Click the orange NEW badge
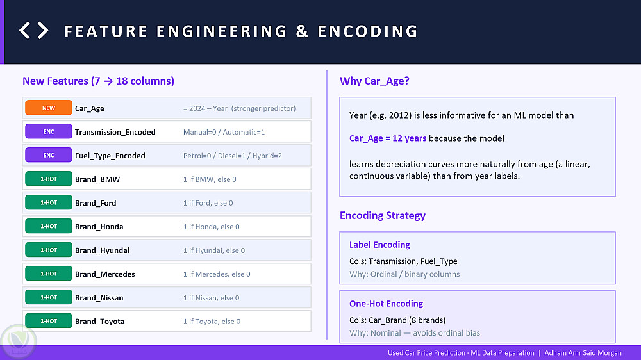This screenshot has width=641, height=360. point(49,108)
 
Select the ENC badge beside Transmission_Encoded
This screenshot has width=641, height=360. point(49,131)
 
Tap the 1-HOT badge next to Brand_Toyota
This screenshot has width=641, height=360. point(49,321)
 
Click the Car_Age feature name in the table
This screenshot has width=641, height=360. point(90,108)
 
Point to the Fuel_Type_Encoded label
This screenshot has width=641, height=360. point(110,156)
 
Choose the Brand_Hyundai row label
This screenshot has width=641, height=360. point(102,250)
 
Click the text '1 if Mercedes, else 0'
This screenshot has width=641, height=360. point(217,274)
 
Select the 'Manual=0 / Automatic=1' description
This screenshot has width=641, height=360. point(224,132)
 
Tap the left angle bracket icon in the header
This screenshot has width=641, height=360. point(24,31)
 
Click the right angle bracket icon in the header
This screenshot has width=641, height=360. point(43,31)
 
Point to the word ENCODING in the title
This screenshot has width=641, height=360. point(368,31)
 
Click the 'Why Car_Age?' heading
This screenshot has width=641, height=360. point(374,81)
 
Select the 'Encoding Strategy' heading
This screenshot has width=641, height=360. point(383,215)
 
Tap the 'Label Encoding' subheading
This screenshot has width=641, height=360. point(379,245)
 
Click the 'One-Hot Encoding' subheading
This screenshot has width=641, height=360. point(387,304)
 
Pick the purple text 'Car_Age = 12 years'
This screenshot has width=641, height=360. point(388,138)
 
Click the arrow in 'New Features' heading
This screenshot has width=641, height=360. point(108,81)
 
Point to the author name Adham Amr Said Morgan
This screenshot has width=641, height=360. point(583,353)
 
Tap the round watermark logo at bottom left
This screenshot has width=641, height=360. point(19,341)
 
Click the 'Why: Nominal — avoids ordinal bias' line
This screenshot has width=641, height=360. point(415,333)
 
